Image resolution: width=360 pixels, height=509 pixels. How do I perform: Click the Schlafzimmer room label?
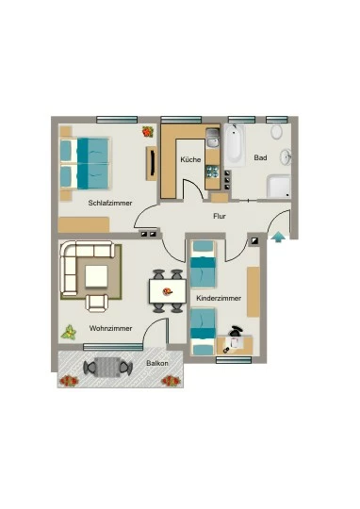(x=110, y=204)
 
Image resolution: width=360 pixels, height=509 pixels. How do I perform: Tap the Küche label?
(x=190, y=159)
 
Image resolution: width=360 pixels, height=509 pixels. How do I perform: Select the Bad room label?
(x=261, y=157)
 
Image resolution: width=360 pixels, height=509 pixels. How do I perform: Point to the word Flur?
(x=220, y=216)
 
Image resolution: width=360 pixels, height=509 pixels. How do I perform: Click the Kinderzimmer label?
(x=219, y=298)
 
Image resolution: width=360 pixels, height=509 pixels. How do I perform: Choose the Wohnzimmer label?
(x=110, y=328)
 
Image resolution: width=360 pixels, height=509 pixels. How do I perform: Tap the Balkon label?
(x=157, y=363)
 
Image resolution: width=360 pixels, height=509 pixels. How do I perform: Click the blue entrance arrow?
(x=278, y=237)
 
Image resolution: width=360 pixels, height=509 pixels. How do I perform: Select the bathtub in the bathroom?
(x=234, y=145)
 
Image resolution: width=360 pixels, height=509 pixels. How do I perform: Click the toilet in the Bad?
(x=276, y=131)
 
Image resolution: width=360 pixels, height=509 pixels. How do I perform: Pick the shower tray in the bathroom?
(x=279, y=186)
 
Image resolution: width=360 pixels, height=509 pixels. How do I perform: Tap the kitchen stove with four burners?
(x=213, y=172)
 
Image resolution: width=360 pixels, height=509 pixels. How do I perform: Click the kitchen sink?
(x=213, y=138)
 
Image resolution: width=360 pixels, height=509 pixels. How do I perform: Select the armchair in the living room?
(x=97, y=303)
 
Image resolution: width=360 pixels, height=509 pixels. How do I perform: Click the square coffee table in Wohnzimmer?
(x=96, y=276)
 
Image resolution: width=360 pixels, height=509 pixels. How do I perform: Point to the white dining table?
(x=168, y=291)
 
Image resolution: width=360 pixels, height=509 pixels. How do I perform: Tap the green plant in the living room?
(x=69, y=333)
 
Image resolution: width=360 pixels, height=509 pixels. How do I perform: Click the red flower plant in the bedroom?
(x=148, y=131)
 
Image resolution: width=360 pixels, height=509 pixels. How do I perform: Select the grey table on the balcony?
(x=107, y=367)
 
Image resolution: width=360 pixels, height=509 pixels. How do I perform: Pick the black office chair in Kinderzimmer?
(x=236, y=331)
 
